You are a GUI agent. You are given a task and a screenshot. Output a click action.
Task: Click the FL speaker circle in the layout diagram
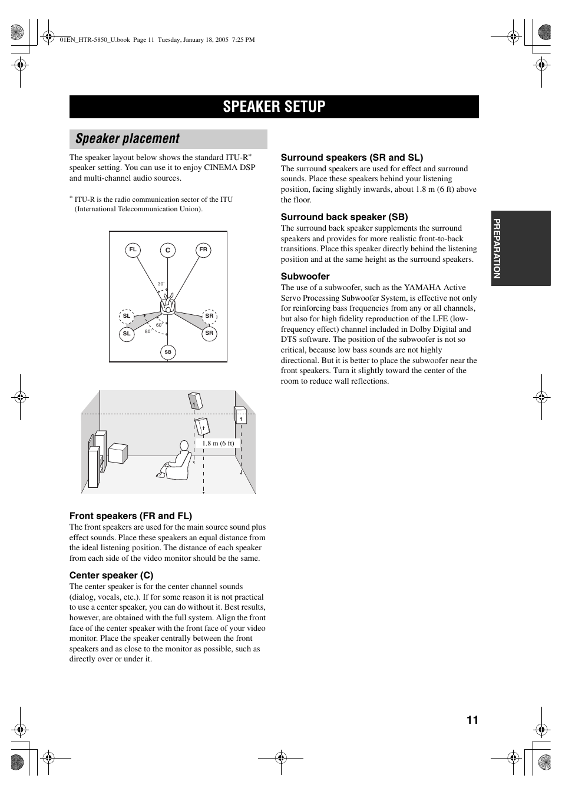(x=133, y=250)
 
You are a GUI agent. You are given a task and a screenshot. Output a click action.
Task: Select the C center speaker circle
(x=168, y=251)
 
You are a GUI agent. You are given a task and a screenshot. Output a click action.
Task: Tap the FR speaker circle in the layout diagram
(x=203, y=250)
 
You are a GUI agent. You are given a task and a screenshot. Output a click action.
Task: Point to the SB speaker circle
(x=168, y=352)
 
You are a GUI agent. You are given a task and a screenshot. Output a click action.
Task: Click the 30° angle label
(x=161, y=284)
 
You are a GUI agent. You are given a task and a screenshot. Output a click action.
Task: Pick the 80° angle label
(x=148, y=331)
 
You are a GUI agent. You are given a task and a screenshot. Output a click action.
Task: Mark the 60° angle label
(x=159, y=325)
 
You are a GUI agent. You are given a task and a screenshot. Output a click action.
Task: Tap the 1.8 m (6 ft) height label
(x=218, y=443)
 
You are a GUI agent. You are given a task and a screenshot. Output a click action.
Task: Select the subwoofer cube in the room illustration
(x=118, y=453)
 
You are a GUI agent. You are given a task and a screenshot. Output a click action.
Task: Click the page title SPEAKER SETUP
(x=274, y=107)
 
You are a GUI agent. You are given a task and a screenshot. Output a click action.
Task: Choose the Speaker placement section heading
(x=128, y=139)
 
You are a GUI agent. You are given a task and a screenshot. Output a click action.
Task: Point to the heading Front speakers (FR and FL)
(x=131, y=515)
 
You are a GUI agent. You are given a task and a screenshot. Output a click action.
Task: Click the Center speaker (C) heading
(x=111, y=575)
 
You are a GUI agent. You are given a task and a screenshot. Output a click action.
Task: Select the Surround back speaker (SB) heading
(x=344, y=217)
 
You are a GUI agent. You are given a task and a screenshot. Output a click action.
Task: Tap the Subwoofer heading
(x=305, y=276)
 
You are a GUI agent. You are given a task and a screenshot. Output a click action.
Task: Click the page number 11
(x=472, y=720)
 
